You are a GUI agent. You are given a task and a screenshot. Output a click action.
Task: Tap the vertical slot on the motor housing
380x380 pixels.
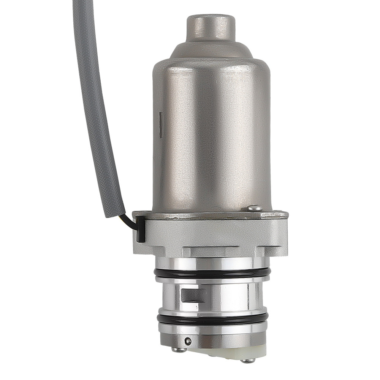[x=161, y=125]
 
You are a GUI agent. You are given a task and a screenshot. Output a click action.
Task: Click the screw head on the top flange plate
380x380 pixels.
[x=255, y=207]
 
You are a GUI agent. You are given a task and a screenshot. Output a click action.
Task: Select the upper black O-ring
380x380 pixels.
[x=212, y=272]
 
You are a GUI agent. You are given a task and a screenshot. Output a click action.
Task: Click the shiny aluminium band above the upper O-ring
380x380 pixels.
[x=211, y=263]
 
